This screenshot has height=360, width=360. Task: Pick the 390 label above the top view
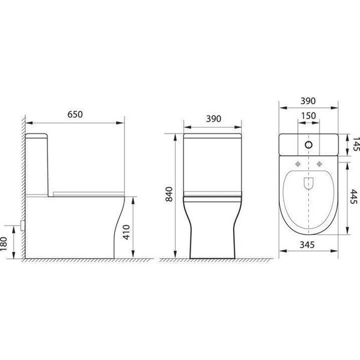pos(308,102)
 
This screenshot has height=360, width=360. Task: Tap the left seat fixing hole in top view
pos(297,164)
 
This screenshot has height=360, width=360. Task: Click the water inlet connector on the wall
pos(23,224)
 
